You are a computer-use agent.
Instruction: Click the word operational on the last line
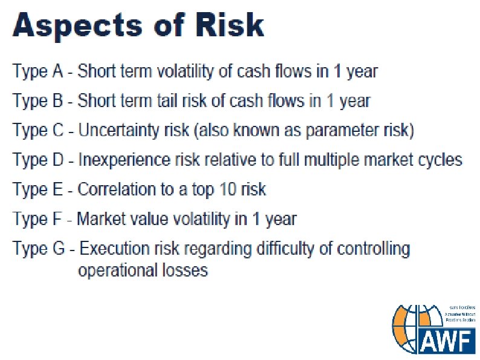pyautogui.click(x=114, y=270)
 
